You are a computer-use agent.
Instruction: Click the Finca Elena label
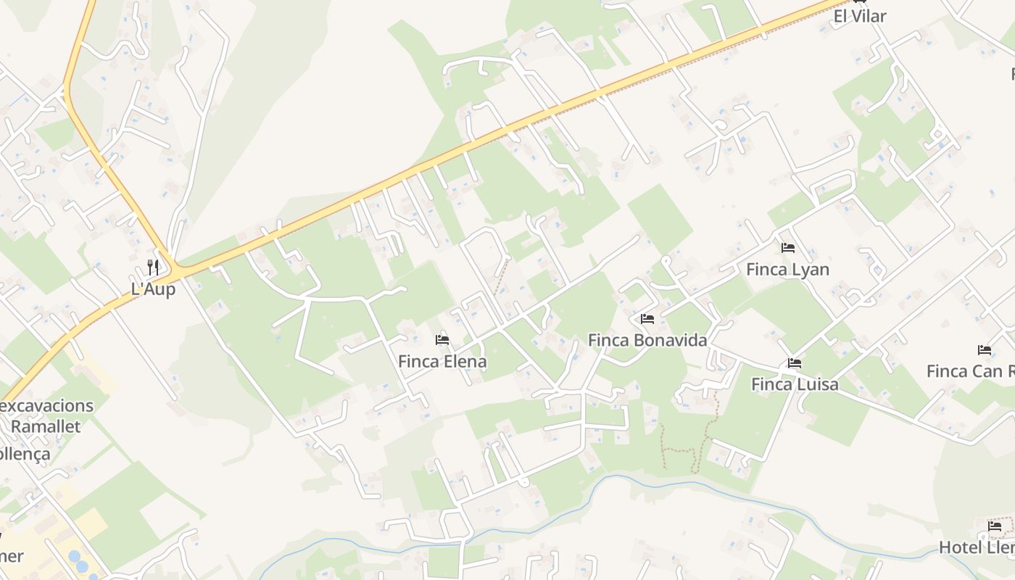(x=442, y=361)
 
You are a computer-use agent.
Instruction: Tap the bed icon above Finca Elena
(x=442, y=339)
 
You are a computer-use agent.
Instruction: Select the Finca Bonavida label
(x=647, y=340)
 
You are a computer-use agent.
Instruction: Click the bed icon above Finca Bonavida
(x=647, y=318)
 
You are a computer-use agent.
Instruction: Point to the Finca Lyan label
(x=787, y=270)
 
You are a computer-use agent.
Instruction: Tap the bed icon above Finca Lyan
(x=788, y=248)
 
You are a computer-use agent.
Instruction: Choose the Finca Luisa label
(x=795, y=384)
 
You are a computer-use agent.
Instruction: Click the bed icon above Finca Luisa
(x=795, y=363)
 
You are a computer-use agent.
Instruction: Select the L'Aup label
(x=153, y=289)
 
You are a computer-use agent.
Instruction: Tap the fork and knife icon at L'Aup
(x=153, y=267)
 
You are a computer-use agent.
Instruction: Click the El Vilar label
(x=860, y=16)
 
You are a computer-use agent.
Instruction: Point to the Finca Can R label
(x=970, y=371)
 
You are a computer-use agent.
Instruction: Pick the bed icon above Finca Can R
(x=985, y=350)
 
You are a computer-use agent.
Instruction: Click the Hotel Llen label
(x=977, y=547)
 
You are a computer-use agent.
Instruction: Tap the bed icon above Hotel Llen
(x=995, y=526)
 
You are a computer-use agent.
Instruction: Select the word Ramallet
(x=46, y=426)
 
